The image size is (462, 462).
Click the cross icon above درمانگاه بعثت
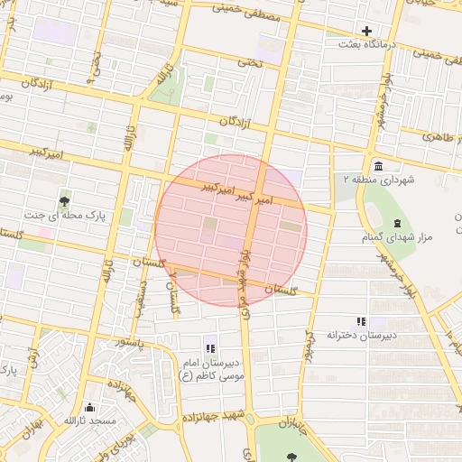coord(366,31)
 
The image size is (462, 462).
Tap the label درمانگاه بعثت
coord(366,43)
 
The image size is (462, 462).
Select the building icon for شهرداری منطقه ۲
coord(376,166)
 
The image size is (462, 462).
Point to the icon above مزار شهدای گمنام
coord(397,223)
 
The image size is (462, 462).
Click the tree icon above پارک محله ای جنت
coord(63,201)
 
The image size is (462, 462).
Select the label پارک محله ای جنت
coord(63,215)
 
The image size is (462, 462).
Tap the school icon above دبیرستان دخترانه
coord(361,321)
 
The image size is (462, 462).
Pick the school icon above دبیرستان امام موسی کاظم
coord(210,348)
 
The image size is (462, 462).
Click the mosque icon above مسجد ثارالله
coord(88,408)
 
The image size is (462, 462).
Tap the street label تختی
coord(249,62)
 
